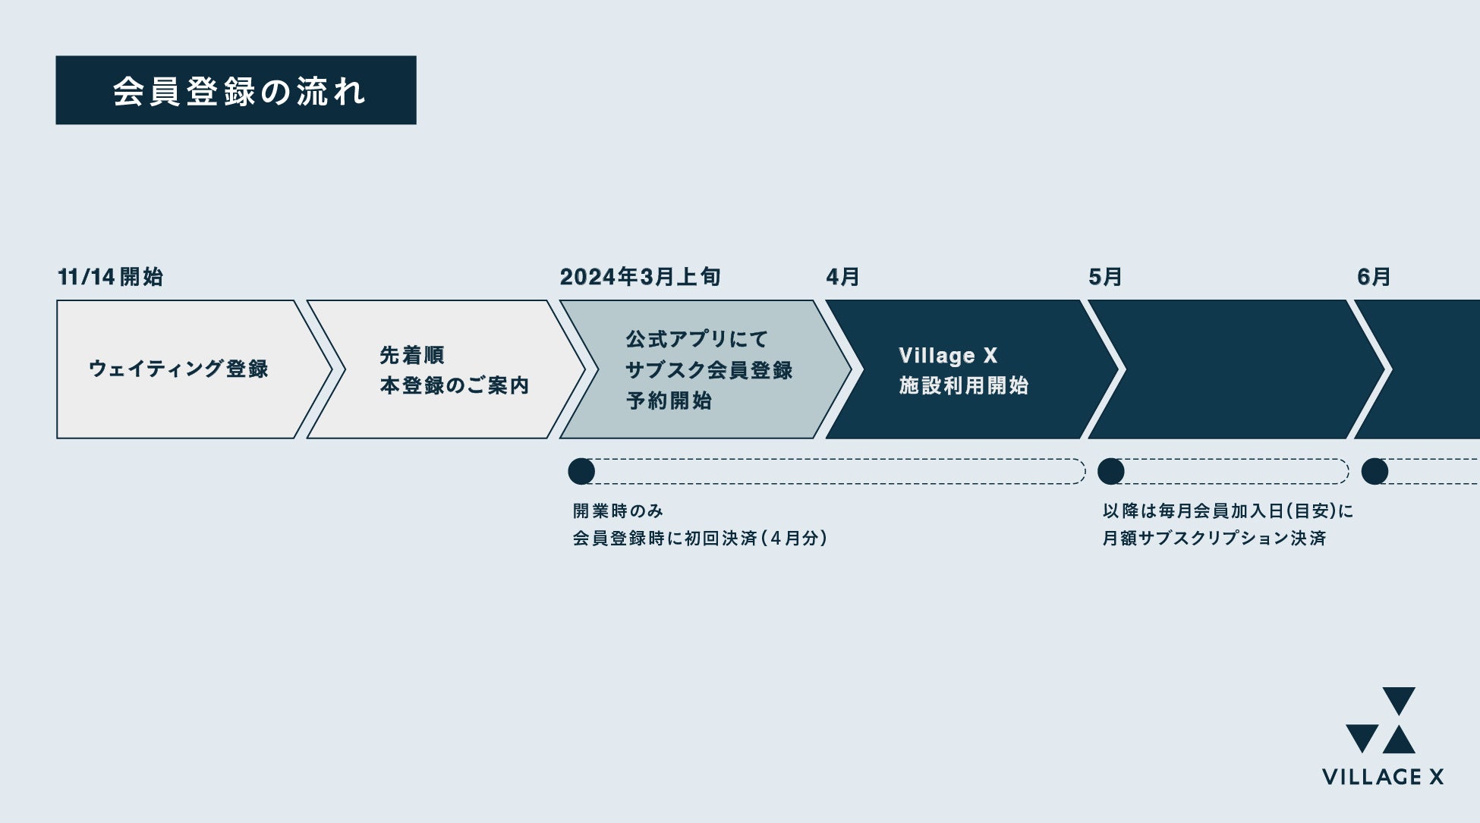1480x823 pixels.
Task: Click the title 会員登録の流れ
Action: pyautogui.click(x=238, y=91)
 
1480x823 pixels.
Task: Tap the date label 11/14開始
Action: pyautogui.click(x=111, y=277)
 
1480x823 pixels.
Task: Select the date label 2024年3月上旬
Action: pyautogui.click(x=640, y=277)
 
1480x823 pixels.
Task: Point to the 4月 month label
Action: pyautogui.click(x=842, y=277)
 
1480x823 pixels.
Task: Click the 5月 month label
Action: pyautogui.click(x=1105, y=277)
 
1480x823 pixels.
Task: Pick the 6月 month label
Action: pyautogui.click(x=1374, y=277)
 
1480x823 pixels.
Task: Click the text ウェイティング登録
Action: pyautogui.click(x=178, y=369)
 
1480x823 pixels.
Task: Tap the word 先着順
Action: pyautogui.click(x=412, y=355)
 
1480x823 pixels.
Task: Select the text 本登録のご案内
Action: pyautogui.click(x=454, y=385)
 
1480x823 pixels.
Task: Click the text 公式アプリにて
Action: pyautogui.click(x=697, y=339)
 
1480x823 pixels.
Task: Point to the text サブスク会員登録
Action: pyautogui.click(x=709, y=370)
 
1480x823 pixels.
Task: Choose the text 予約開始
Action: pyautogui.click(x=669, y=401)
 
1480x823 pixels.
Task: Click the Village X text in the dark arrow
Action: pyautogui.click(x=948, y=355)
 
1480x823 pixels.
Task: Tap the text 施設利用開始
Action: pyautogui.click(x=963, y=385)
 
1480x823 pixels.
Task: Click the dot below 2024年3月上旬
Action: pyautogui.click(x=581, y=471)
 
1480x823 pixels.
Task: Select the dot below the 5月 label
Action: pyautogui.click(x=1111, y=471)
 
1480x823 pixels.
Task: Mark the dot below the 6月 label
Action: pyautogui.click(x=1375, y=471)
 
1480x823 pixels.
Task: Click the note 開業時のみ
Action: pyautogui.click(x=618, y=511)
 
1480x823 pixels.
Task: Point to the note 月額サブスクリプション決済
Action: pyautogui.click(x=1214, y=538)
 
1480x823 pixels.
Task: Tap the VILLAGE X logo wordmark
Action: pyautogui.click(x=1382, y=777)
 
